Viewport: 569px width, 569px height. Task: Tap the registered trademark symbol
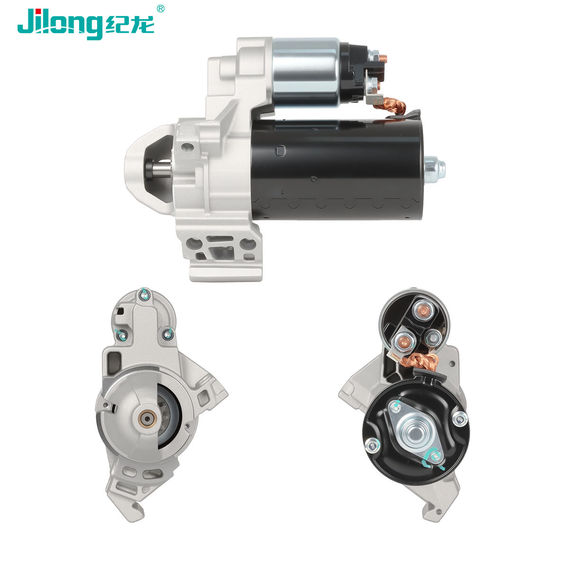point(160,9)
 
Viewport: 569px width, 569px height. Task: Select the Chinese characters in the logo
point(130,25)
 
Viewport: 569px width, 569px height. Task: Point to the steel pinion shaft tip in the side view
point(161,169)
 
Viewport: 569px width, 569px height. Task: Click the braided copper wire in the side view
point(390,105)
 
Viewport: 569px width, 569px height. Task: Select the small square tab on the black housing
point(280,151)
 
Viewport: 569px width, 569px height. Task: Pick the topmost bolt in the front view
point(144,294)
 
